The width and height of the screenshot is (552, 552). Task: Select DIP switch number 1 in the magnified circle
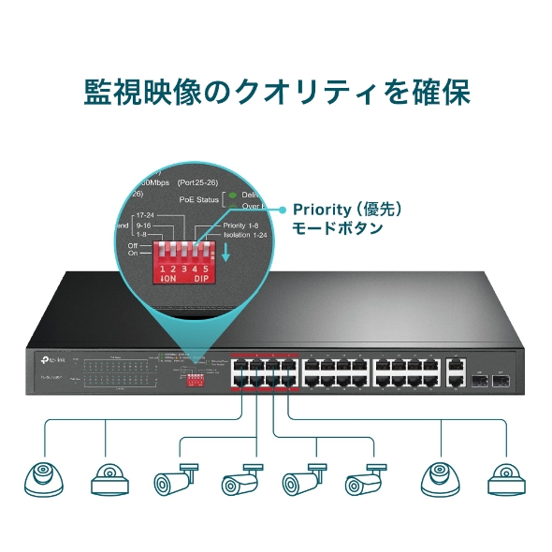tap(164, 254)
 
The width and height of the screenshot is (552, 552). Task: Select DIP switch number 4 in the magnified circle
tap(195, 254)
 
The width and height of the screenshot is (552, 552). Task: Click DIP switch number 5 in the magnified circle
tap(205, 254)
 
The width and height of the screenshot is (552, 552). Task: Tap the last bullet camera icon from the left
tap(365, 478)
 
